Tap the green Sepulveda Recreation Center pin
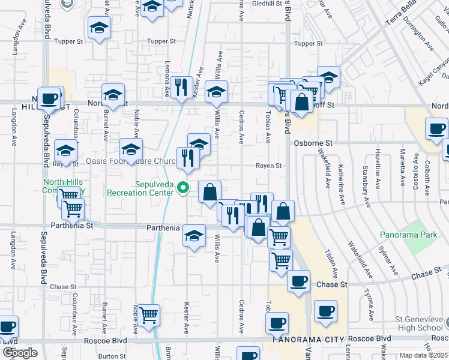(x=184, y=189)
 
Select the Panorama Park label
(x=408, y=235)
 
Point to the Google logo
(x=20, y=353)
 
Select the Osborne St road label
(x=313, y=143)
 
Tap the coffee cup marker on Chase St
(x=298, y=281)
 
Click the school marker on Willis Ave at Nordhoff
(x=216, y=92)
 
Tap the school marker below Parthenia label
(x=194, y=236)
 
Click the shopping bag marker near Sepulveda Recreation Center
(x=209, y=192)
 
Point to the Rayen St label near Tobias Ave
(x=269, y=166)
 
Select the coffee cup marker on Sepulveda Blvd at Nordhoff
(x=49, y=98)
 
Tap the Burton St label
(x=112, y=356)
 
